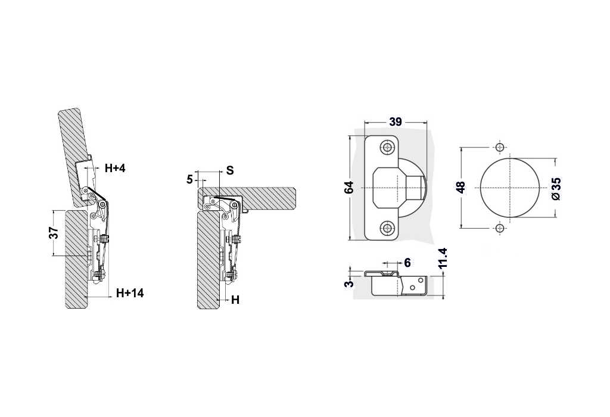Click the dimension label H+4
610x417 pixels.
[x=115, y=169]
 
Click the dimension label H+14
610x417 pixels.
[x=130, y=293]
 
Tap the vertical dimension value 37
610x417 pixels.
[x=54, y=232]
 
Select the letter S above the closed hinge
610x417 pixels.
[x=230, y=170]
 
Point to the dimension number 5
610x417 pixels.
[x=190, y=180]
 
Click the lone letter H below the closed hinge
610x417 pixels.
[x=235, y=300]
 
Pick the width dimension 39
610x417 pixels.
[x=396, y=122]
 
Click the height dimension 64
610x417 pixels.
[x=349, y=188]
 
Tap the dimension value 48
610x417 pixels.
[x=460, y=188]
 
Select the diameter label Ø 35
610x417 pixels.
[x=556, y=188]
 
